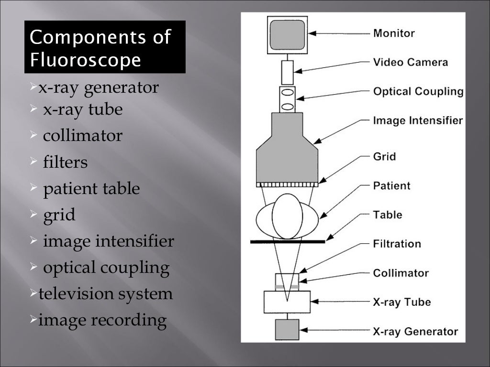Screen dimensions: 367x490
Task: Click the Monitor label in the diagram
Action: (x=394, y=33)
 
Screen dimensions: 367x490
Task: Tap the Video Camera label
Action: (x=411, y=62)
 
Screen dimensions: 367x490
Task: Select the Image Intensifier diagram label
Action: (x=418, y=120)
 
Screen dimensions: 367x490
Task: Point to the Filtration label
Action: (x=397, y=244)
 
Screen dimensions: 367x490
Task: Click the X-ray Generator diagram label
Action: (x=415, y=331)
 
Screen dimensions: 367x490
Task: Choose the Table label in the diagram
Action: (x=388, y=215)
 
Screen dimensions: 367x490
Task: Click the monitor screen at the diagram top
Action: (x=287, y=34)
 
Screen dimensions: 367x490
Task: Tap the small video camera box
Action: (x=287, y=72)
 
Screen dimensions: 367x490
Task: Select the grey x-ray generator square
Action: (x=287, y=330)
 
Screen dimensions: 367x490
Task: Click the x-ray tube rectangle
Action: (x=287, y=302)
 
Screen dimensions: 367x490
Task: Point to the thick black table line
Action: (x=288, y=242)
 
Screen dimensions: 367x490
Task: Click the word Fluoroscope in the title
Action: (x=86, y=60)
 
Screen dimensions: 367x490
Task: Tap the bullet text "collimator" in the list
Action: (x=83, y=136)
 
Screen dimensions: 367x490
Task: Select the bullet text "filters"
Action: (x=66, y=162)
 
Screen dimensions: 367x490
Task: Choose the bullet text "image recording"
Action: (x=102, y=320)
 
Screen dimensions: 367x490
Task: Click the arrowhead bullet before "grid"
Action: (x=34, y=215)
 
